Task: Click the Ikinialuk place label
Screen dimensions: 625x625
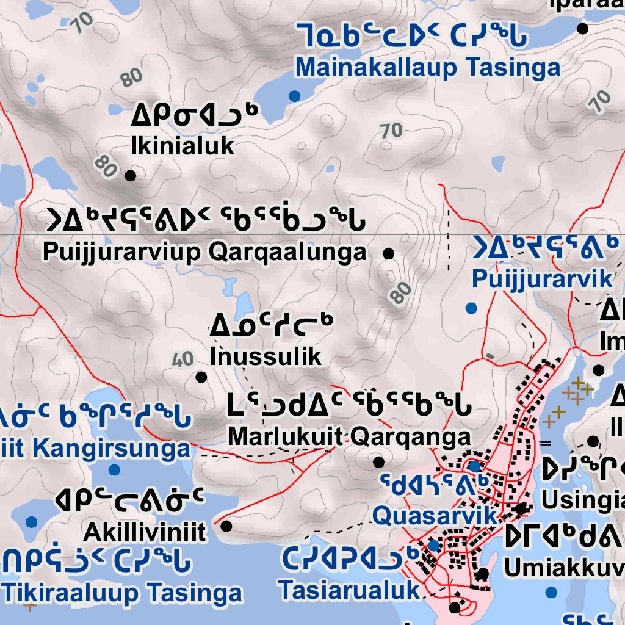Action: pos(182,146)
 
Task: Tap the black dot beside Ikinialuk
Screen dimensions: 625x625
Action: pos(130,176)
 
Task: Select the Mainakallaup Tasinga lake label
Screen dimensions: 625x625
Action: pos(427,68)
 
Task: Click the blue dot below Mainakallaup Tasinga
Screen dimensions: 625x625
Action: pos(295,96)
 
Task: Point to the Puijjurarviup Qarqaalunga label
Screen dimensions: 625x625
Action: pos(205,252)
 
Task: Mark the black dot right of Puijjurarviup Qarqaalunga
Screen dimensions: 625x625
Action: pos(388,253)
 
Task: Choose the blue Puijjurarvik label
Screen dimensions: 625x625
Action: pos(542,279)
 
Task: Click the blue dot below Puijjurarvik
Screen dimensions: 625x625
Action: pos(471,308)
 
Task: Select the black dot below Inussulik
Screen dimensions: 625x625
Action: pos(201,377)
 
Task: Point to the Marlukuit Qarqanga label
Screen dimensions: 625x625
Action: pos(349,436)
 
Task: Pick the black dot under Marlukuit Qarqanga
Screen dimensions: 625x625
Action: pos(378,462)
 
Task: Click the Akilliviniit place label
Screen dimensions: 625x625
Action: pos(145,532)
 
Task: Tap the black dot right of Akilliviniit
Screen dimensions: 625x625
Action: pos(226,526)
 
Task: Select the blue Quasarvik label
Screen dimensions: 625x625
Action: pos(434,516)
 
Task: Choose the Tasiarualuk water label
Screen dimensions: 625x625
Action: pos(350,590)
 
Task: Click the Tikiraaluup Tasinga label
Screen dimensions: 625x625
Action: pos(122,593)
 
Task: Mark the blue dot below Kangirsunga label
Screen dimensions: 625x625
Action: pos(114,469)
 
